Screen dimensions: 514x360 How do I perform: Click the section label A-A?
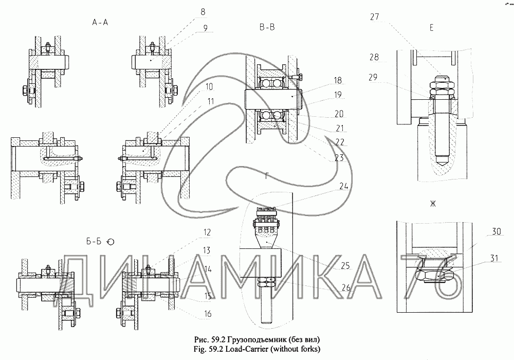coord(100,22)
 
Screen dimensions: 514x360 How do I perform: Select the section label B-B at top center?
coord(267,28)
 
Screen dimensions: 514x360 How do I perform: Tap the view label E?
coord(431,28)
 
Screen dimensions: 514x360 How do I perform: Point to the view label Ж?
coord(433,204)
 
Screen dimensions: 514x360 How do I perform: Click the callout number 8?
coord(203,12)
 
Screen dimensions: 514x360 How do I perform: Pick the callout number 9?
coord(205,28)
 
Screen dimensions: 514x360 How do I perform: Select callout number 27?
coord(375,17)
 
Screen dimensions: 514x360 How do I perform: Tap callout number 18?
coord(338,80)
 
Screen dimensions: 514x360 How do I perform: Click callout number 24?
coord(343,186)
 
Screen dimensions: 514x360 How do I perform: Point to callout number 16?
coord(208,314)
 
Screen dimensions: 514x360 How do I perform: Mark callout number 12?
coord(207,232)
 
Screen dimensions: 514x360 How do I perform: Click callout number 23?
coord(339,158)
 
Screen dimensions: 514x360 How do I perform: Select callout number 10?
coord(209,87)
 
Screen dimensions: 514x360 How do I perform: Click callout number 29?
coord(373,77)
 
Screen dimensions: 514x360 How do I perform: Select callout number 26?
coord(346,288)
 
